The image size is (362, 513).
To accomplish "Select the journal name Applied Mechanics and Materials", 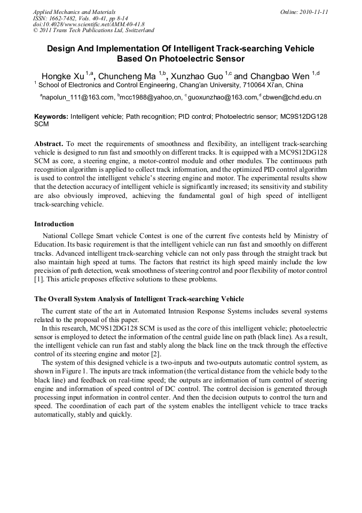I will [74, 12].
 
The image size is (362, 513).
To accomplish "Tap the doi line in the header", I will [88, 24].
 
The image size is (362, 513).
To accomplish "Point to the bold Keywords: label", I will [51, 116].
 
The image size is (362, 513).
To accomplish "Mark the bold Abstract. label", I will [49, 144].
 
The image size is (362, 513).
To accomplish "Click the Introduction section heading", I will [54, 224].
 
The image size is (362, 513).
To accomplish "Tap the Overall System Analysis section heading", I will [139, 298].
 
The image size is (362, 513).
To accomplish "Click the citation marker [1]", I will [38, 279].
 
